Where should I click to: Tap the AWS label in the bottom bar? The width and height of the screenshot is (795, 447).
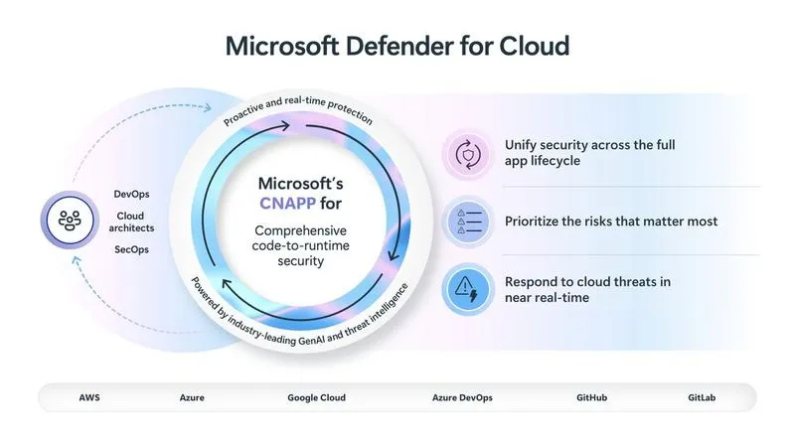pyautogui.click(x=89, y=397)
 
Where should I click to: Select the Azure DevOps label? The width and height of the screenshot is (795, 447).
pyautogui.click(x=462, y=397)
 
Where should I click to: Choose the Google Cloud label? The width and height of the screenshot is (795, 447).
pyautogui.click(x=317, y=397)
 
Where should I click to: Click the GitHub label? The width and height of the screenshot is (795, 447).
pyautogui.click(x=591, y=397)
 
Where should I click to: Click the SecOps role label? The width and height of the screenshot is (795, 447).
pyautogui.click(x=132, y=249)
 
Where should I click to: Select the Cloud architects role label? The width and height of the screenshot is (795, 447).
pyautogui.click(x=132, y=222)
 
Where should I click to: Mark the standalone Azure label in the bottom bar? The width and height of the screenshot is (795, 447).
pyautogui.click(x=193, y=397)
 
